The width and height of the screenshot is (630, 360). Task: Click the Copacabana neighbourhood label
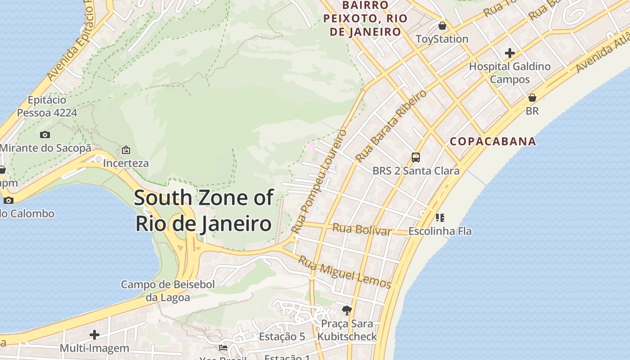[493, 141]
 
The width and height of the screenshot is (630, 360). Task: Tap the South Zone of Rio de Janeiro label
[203, 211]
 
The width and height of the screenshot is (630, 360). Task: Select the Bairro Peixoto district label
[365, 18]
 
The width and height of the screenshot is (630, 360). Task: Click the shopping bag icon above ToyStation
[442, 26]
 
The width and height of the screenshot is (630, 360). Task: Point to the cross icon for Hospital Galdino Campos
[509, 53]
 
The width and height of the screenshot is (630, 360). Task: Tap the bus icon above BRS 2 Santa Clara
[416, 157]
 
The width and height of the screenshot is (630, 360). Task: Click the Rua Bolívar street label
[362, 229]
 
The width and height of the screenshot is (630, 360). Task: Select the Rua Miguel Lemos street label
[345, 271]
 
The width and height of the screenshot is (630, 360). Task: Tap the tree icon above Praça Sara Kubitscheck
[346, 310]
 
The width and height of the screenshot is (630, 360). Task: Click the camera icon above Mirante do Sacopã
[45, 135]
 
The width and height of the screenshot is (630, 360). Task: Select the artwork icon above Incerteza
[126, 150]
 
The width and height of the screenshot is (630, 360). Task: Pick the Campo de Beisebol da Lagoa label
[168, 291]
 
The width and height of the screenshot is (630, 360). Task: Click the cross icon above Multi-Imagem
[94, 335]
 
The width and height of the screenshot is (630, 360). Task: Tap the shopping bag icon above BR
[532, 98]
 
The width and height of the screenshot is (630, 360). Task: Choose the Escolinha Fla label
[440, 231]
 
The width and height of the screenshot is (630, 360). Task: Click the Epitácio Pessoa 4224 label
[47, 106]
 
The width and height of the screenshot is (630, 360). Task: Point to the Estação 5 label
[282, 337]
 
